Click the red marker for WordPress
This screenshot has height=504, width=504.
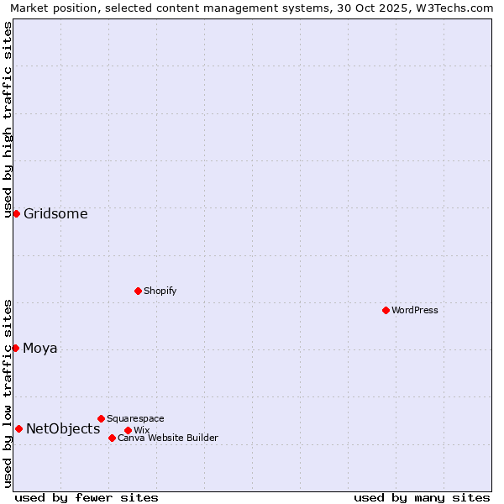[x=386, y=310]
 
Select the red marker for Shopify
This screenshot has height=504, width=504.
[x=138, y=291]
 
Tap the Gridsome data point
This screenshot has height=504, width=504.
[x=16, y=213]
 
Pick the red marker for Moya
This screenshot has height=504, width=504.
[x=15, y=348]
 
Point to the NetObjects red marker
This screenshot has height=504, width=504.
[x=18, y=428]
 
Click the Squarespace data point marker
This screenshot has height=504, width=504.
[x=101, y=418]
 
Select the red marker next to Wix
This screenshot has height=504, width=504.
[x=128, y=430]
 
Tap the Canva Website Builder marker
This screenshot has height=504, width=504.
[x=112, y=438]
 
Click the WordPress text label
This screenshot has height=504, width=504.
[x=415, y=310]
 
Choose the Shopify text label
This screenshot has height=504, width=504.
[x=160, y=291]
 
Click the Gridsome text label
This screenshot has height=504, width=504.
[x=55, y=213]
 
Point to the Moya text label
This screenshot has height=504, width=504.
[x=40, y=348]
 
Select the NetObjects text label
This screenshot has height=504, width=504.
[x=63, y=428]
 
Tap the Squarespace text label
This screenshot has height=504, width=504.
[x=136, y=418]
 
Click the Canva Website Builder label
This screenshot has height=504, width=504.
[x=168, y=438]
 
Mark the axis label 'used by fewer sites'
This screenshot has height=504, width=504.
[x=87, y=497]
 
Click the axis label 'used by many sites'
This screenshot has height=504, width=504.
[x=422, y=497]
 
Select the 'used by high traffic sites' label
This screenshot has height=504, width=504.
[x=8, y=119]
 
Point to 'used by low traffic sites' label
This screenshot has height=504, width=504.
[x=8, y=393]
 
